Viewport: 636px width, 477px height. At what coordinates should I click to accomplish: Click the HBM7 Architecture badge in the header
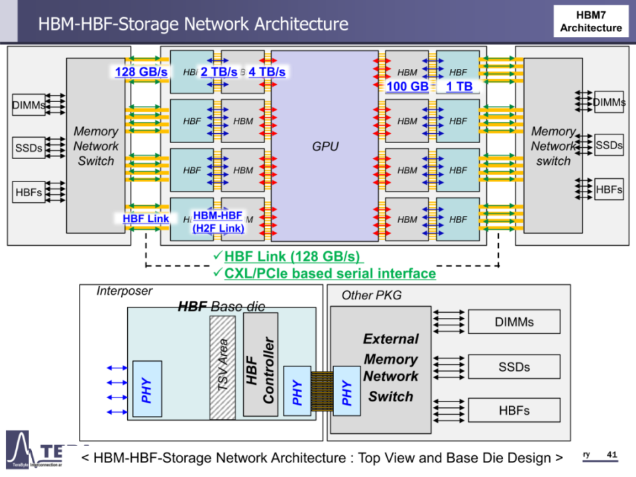coord(591,21)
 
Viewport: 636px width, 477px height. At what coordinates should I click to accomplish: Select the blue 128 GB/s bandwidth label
coord(141,72)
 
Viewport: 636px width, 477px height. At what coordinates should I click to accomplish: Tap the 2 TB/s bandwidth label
coord(219,72)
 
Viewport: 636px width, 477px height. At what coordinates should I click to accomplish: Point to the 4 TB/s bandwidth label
coord(267,72)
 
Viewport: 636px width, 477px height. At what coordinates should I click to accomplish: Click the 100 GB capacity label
coord(407,86)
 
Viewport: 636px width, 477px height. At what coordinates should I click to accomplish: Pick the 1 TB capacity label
coord(458,86)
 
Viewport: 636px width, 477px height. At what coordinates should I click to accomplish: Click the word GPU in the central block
coord(325,146)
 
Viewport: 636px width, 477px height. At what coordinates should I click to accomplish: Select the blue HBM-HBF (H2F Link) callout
coord(217,222)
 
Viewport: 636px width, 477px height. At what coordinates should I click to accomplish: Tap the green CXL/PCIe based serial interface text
coord(329,273)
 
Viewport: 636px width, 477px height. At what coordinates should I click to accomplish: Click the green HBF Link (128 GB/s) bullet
coord(293,256)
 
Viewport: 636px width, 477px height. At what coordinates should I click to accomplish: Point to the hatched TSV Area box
coord(223,367)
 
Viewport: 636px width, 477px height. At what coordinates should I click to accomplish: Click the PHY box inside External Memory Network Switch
coord(346,391)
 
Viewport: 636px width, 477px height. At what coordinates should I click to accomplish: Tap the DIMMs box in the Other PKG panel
coord(514,322)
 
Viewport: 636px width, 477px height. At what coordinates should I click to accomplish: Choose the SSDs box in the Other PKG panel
coord(514,366)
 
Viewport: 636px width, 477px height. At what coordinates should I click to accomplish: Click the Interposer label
coord(125,291)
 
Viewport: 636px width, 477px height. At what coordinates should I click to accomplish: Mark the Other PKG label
coord(372,295)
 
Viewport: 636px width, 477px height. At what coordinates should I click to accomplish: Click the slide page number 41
coord(611,454)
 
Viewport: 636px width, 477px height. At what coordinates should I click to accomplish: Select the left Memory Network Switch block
coord(96,146)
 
